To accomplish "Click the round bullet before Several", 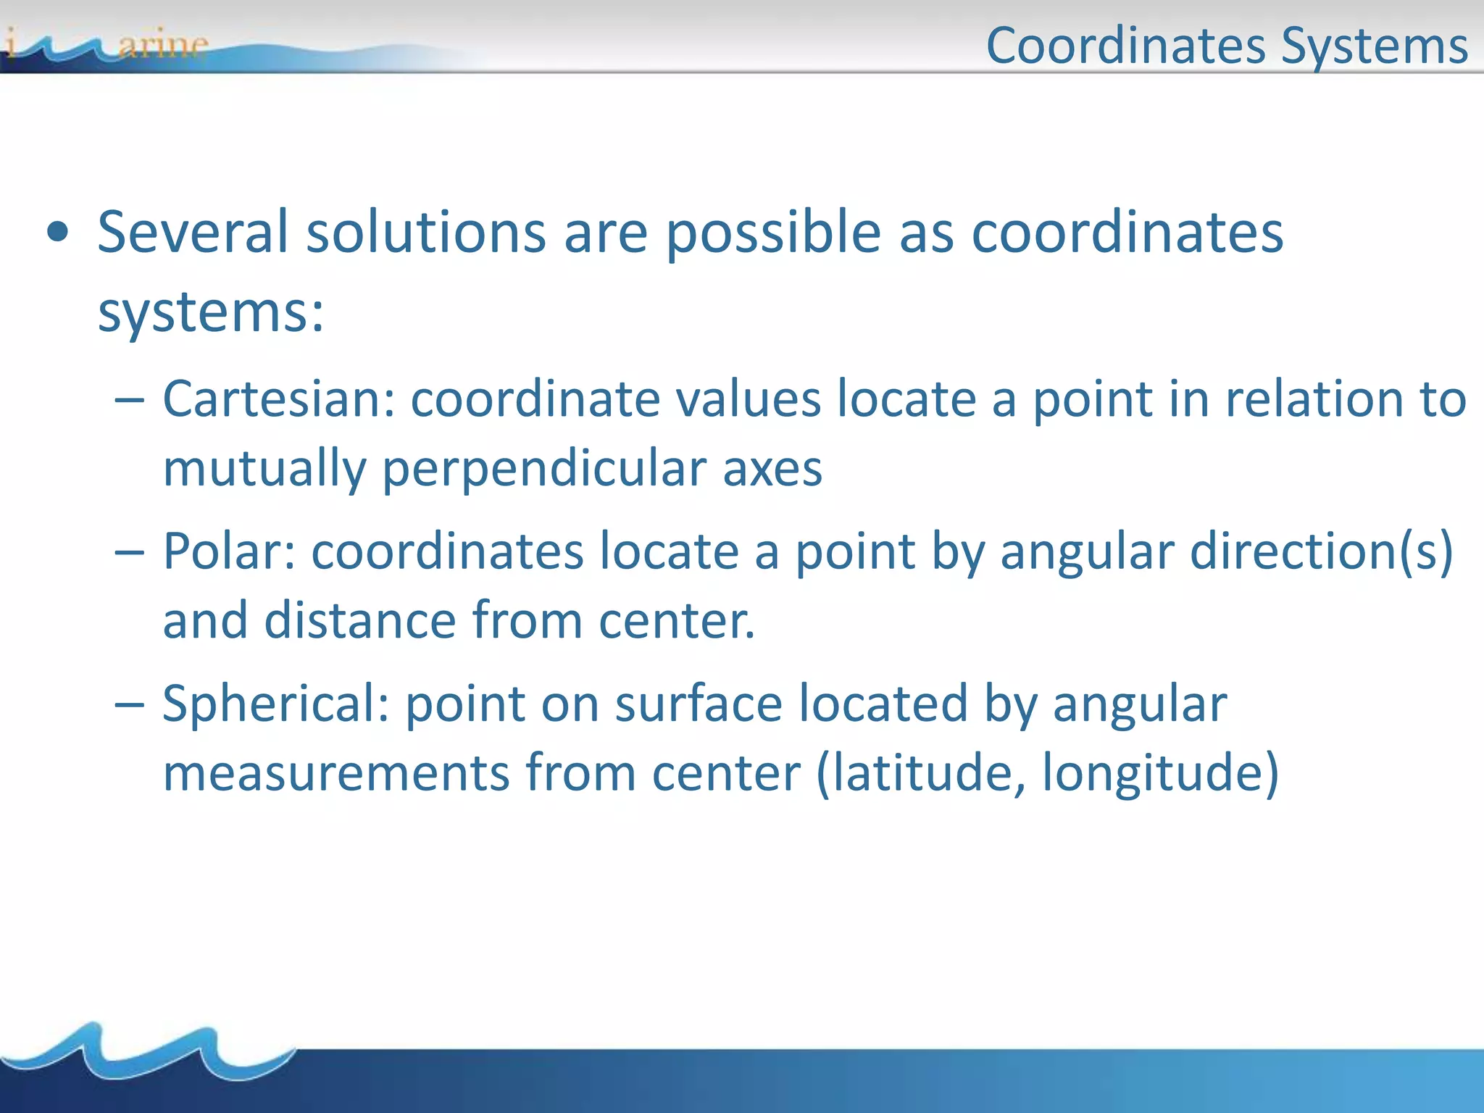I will pos(57,233).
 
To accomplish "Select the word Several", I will pos(193,233).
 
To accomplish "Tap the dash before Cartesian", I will pos(130,401).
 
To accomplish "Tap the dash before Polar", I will pos(130,553).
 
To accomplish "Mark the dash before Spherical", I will pos(130,705).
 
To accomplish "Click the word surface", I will pos(699,704).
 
